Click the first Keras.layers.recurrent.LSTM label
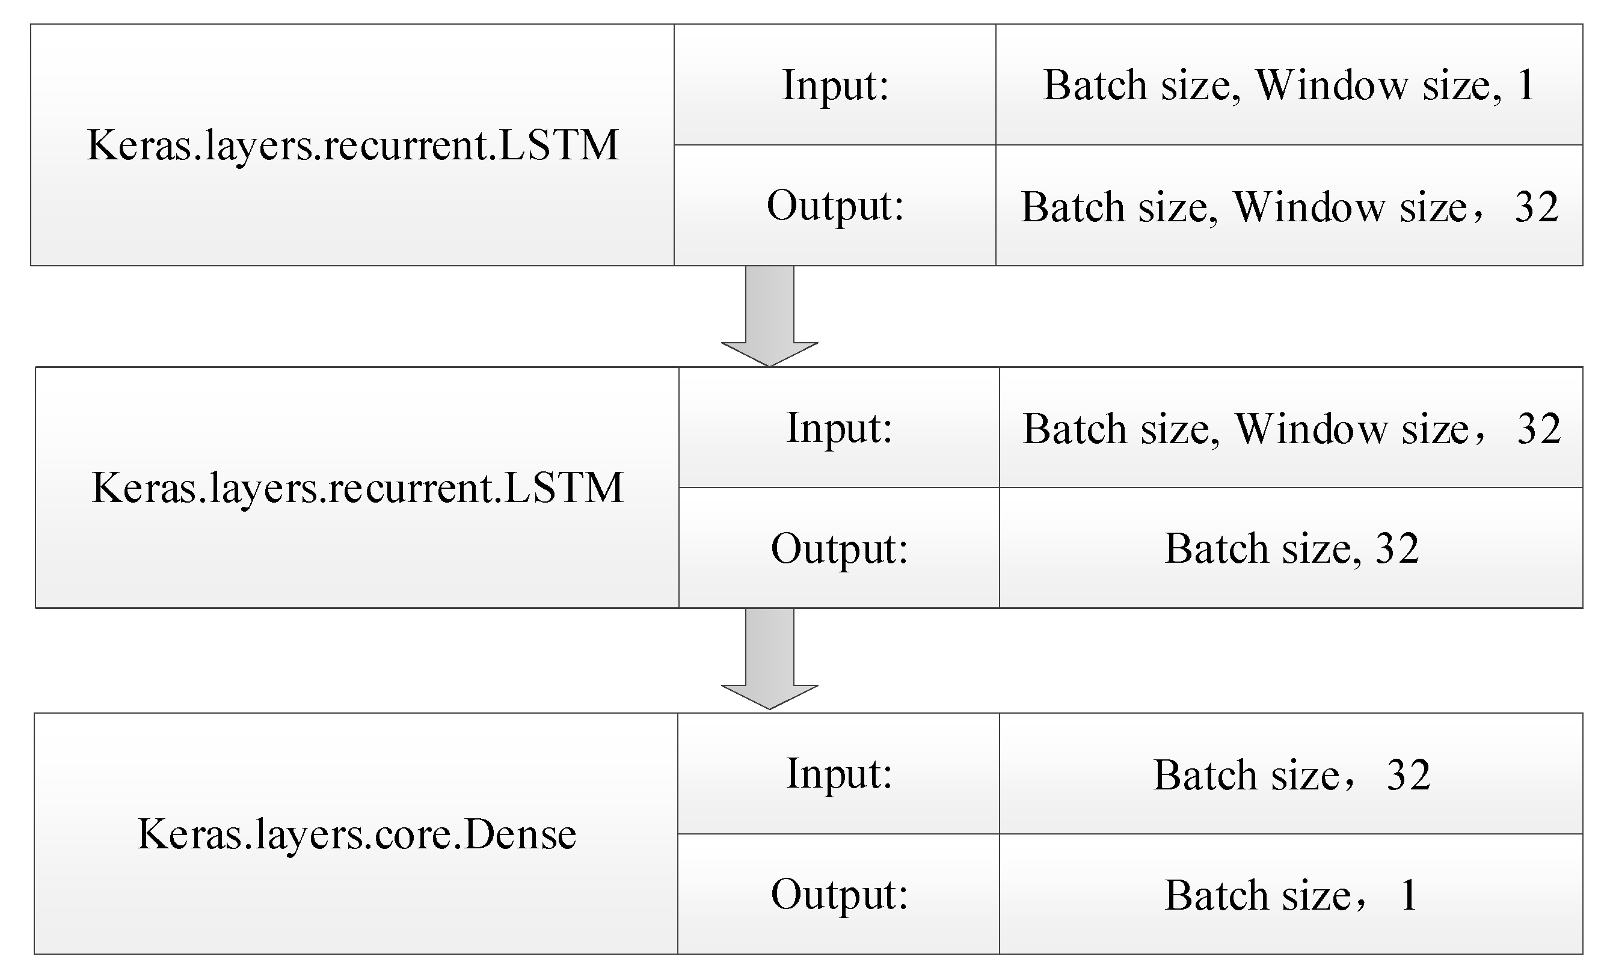tap(352, 145)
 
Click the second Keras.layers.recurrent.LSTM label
tap(357, 488)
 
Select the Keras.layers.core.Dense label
tap(357, 834)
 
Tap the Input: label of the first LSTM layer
tap(835, 85)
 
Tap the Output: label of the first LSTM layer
tap(835, 206)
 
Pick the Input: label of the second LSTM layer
tap(840, 429)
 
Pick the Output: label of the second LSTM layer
tap(840, 548)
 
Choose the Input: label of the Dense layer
tap(840, 774)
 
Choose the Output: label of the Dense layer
tap(840, 894)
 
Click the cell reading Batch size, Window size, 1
tap(1289, 85)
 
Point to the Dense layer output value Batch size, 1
tap(1291, 895)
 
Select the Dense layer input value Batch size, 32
tap(1291, 774)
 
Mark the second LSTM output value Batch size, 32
tap(1291, 548)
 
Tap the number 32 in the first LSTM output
tap(1537, 207)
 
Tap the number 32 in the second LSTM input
tap(1538, 429)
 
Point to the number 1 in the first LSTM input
tap(1526, 85)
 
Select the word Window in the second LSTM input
tap(1311, 429)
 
